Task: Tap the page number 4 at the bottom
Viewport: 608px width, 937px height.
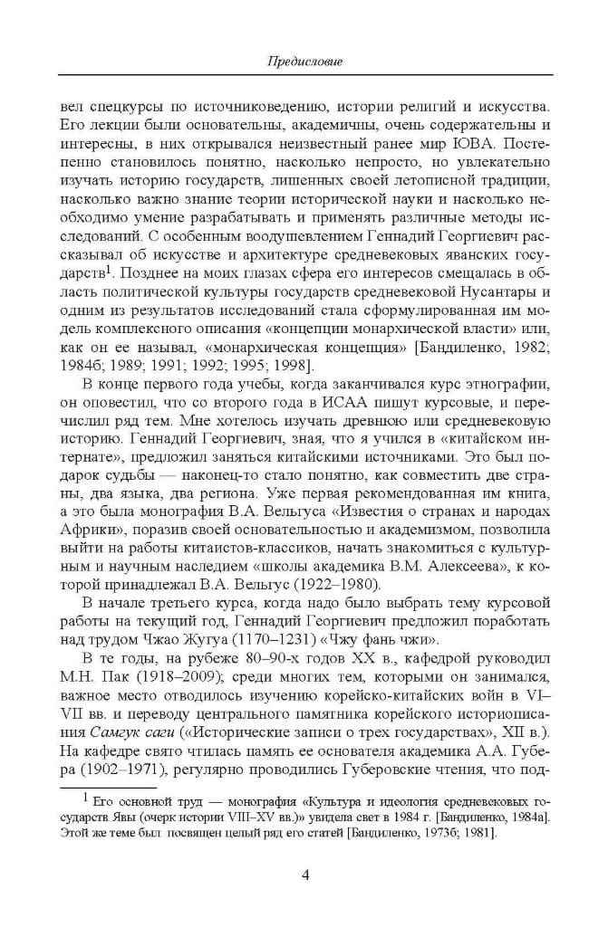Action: tap(304, 874)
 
